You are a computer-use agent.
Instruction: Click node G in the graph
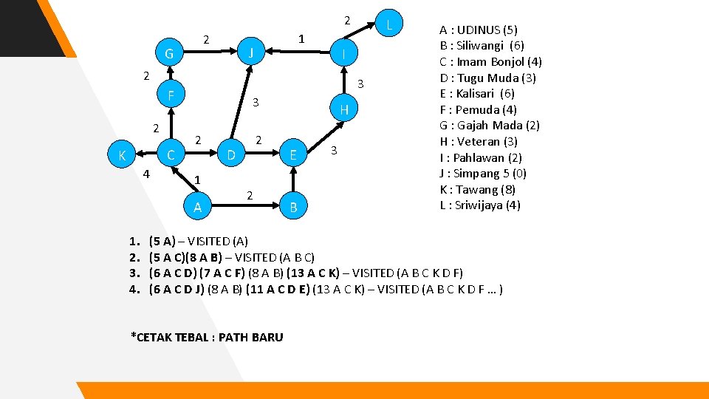pos(170,53)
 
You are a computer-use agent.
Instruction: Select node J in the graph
pos(251,52)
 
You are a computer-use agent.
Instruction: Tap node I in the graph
pos(343,53)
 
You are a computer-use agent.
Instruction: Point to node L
pos(389,24)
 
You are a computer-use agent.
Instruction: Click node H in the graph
pos(343,110)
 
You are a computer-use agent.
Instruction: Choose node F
pos(171,95)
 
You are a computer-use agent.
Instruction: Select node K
pos(121,155)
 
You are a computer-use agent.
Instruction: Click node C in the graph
pos(171,155)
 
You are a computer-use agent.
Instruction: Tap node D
pos(231,155)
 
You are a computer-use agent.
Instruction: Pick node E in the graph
pos(293,155)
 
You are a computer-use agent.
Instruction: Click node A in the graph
pos(197,208)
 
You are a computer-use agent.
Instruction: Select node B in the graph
pos(293,208)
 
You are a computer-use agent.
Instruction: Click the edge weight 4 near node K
pos(146,174)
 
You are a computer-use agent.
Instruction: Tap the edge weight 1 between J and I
pos(301,38)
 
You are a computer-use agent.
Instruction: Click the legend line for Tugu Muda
pos(487,78)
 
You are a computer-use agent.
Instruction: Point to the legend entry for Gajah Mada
pos(490,126)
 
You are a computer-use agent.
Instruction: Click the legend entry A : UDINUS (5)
pos(479,30)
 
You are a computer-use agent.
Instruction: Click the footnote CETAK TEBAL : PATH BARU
pos(207,337)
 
